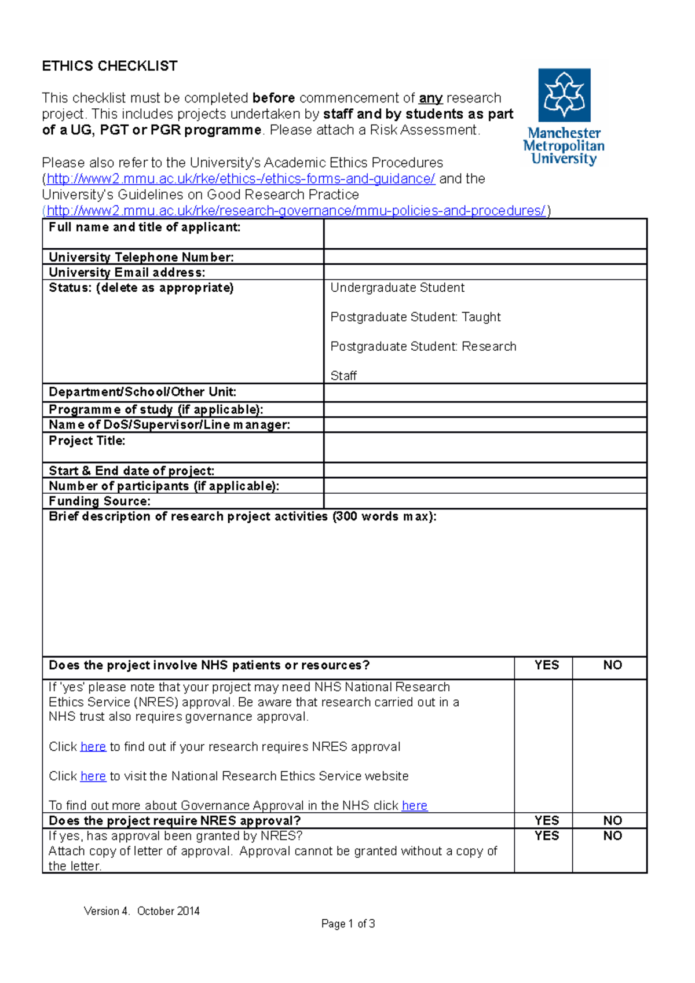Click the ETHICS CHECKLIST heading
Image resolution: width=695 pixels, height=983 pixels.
click(x=109, y=66)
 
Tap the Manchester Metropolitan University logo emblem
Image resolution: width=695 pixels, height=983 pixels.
click(x=564, y=95)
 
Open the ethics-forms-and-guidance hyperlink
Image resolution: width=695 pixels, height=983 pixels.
click(x=240, y=179)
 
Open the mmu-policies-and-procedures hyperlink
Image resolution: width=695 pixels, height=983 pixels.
click(x=295, y=211)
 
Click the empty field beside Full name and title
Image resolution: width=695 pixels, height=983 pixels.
click(x=485, y=234)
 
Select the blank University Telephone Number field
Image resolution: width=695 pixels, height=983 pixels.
click(x=485, y=257)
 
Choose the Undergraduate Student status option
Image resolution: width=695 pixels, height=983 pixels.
click(x=397, y=288)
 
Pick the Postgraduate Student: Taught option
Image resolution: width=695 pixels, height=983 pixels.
click(x=415, y=317)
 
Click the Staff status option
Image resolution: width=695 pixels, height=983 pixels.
click(x=343, y=376)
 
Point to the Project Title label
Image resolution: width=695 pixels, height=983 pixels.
click(x=87, y=441)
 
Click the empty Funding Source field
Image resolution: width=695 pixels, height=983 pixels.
click(x=485, y=501)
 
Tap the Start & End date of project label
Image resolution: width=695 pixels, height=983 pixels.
click(x=131, y=471)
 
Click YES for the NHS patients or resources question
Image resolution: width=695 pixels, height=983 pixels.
click(x=546, y=665)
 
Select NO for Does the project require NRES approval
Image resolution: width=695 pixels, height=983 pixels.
click(x=612, y=820)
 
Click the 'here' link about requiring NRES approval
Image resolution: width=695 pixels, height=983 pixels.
click(x=93, y=747)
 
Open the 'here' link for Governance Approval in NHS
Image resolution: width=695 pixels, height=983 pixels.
click(x=415, y=806)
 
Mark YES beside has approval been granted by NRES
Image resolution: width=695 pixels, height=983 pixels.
click(x=546, y=836)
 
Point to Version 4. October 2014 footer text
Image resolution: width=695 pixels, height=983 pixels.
click(x=142, y=911)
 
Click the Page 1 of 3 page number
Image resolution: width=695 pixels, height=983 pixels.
click(x=348, y=924)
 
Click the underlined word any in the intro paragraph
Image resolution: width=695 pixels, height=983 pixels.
click(x=430, y=98)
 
